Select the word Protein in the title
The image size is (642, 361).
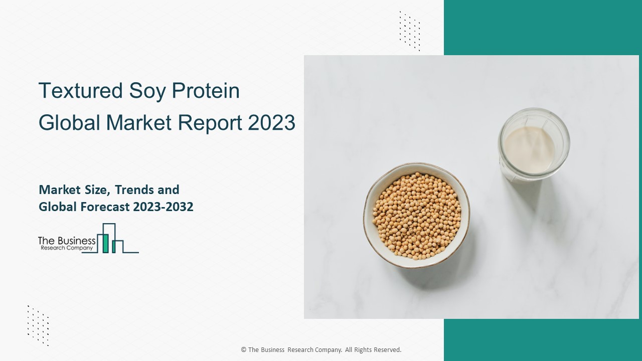click(206, 91)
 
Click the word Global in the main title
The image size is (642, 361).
click(68, 123)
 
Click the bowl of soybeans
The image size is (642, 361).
click(416, 216)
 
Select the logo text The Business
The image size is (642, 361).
click(67, 241)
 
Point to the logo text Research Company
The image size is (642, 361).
click(66, 248)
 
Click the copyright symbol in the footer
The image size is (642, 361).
click(243, 350)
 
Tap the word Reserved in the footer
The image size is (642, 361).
click(386, 350)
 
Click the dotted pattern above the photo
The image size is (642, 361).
click(410, 31)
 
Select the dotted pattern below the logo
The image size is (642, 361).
click(38, 325)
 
